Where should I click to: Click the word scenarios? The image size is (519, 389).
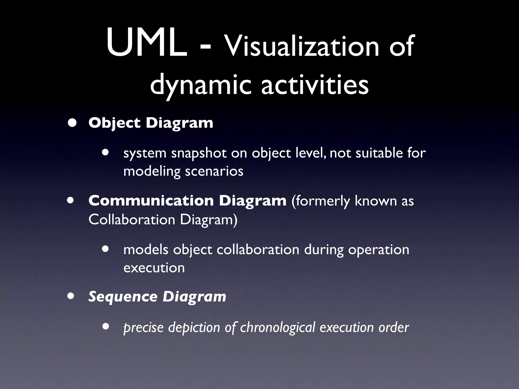(214, 171)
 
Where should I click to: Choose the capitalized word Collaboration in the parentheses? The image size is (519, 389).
(132, 219)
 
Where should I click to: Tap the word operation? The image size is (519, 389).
(378, 250)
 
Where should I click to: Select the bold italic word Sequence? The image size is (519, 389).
(123, 297)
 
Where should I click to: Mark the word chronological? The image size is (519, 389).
(277, 327)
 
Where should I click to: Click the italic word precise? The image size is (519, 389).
(143, 328)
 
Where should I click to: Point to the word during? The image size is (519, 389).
(323, 250)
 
